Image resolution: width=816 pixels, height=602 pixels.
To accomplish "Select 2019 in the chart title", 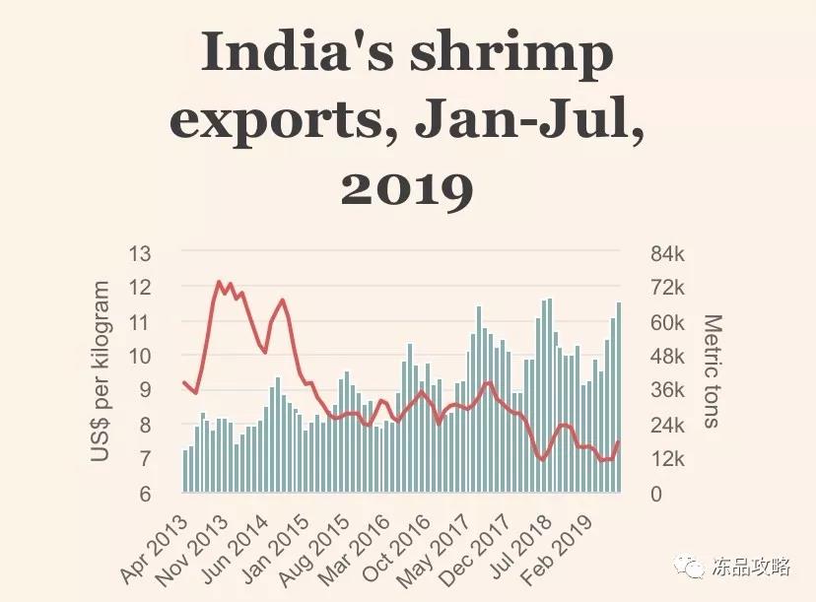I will pos(407,188).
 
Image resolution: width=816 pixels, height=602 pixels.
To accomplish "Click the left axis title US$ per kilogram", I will pos(101,371).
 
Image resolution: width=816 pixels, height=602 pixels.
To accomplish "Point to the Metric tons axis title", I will pos(713,371).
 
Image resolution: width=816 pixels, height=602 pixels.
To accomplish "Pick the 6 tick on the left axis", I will pos(146,494).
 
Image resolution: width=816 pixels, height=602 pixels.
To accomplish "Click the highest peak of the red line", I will pos(219,282).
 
